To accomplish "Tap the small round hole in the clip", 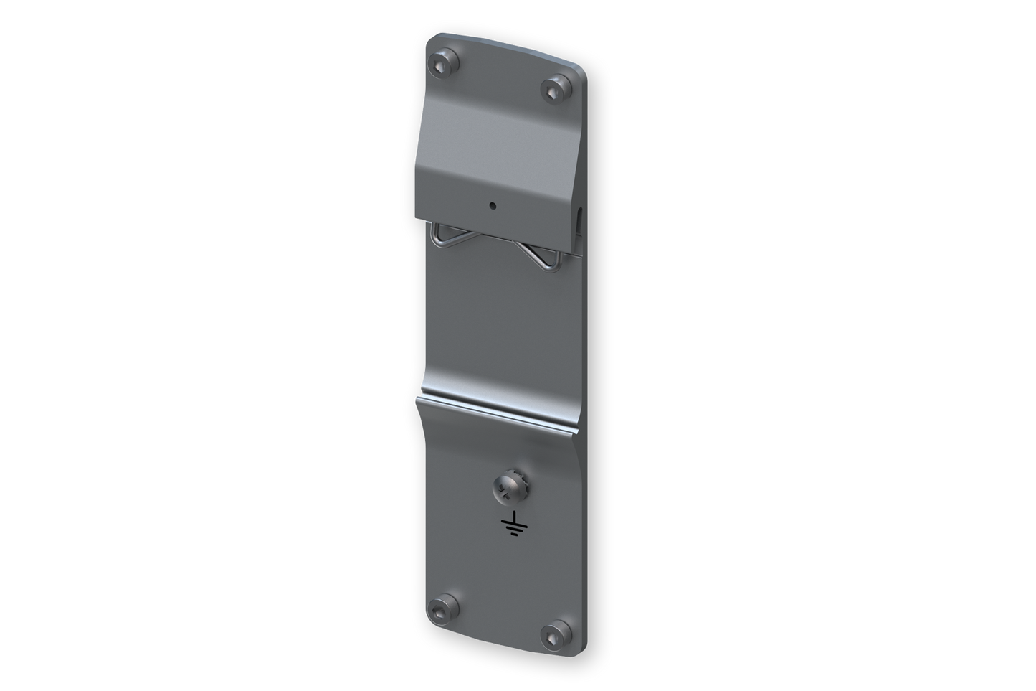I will [492, 206].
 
